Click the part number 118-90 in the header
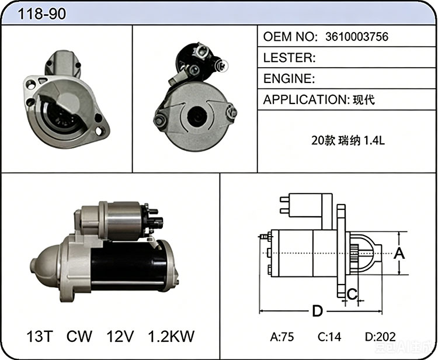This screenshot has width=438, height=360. coord(42,13)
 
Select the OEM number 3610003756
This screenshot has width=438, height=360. coord(357,37)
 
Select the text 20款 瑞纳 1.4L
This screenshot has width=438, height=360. coord(348,141)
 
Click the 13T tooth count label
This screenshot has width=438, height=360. coord(39,336)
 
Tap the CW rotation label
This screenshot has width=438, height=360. coord(79,336)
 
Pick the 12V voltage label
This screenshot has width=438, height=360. coord(120,336)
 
